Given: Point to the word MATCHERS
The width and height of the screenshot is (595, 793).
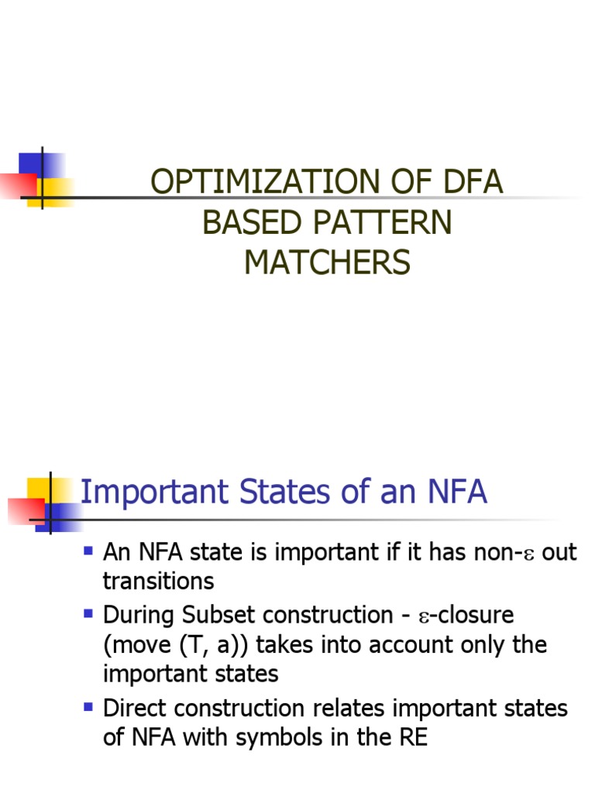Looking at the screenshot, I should click(327, 263).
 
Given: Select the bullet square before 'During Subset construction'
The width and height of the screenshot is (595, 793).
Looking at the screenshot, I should click(88, 613).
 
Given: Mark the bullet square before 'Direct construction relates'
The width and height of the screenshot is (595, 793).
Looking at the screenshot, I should click(88, 705).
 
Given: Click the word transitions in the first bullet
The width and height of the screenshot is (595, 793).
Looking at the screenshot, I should click(158, 581).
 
